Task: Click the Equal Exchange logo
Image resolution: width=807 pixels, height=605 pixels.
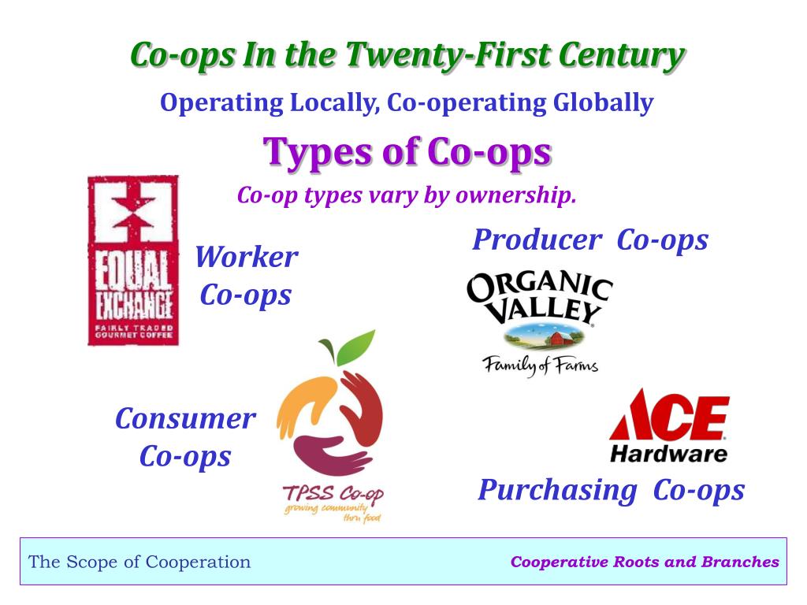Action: pos(132,261)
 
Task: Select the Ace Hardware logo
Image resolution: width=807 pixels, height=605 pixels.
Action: pos(668,425)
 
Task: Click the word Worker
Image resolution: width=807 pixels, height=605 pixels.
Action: pos(246,258)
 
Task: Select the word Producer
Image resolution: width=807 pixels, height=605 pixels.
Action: pos(536,239)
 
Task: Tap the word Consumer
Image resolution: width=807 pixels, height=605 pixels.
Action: pos(185,418)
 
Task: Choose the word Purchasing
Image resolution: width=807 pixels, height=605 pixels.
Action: pos(557,490)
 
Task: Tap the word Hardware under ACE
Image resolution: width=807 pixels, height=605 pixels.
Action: pos(668,454)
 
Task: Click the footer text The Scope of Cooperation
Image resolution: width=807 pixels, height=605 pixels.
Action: pos(139,562)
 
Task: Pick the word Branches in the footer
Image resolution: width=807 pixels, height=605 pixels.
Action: pos(746,562)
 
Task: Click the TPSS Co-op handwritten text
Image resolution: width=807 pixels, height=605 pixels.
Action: pos(332,494)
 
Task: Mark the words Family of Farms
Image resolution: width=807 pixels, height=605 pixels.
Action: pos(541,365)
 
